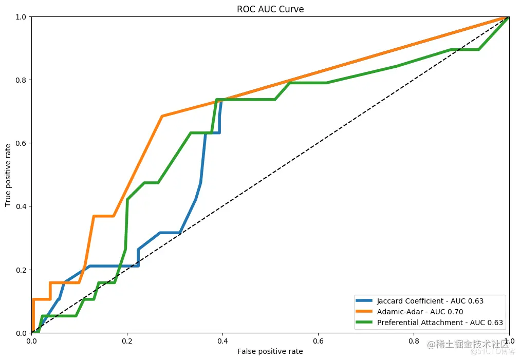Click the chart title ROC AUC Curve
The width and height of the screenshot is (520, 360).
(270, 9)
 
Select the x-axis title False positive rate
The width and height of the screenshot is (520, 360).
(270, 352)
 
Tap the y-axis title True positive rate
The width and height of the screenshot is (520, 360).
(8, 175)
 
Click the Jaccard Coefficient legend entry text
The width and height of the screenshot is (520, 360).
(430, 301)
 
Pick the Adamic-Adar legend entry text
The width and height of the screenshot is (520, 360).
(415, 312)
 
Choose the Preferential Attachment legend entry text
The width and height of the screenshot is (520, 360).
(440, 323)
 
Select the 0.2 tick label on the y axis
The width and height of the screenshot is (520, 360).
(22, 270)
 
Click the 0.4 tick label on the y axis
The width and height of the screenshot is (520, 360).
(22, 206)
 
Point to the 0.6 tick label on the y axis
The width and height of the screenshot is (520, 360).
(22, 143)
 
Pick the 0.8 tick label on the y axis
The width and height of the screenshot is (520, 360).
(22, 80)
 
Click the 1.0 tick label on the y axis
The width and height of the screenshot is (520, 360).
(22, 17)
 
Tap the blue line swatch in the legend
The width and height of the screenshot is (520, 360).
(365, 301)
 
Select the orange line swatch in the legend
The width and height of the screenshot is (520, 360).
(365, 312)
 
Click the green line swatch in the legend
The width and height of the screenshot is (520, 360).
(365, 323)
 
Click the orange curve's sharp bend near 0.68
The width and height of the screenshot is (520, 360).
(162, 116)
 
